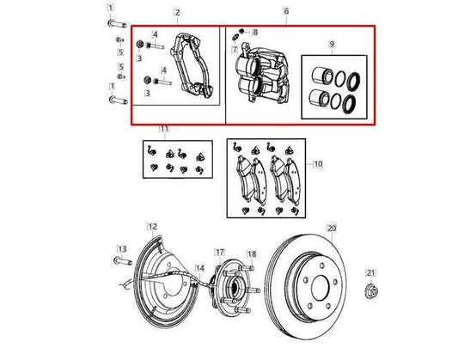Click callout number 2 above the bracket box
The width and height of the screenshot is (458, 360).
[177, 12]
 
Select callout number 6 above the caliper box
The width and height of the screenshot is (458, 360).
[287, 12]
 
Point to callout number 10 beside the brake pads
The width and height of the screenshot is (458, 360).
[317, 163]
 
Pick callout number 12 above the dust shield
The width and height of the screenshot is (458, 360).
[152, 227]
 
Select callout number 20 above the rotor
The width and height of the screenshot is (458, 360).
[331, 229]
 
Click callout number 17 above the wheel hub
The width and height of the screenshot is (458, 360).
[219, 253]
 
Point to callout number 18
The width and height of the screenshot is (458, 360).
[251, 253]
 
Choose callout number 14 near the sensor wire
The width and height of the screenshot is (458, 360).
[198, 269]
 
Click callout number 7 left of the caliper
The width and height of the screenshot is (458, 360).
[234, 51]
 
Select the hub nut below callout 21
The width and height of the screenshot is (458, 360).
[370, 290]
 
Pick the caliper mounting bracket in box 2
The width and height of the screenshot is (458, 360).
[191, 64]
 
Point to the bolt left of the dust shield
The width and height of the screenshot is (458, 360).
[119, 259]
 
